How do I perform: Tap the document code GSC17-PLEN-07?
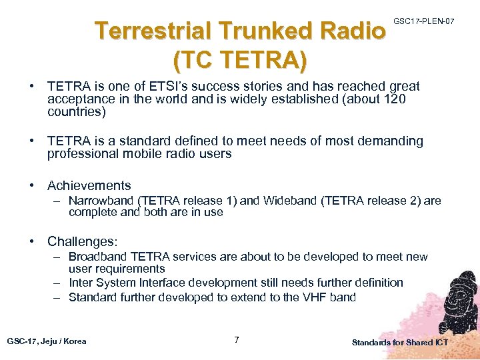(x=424, y=22)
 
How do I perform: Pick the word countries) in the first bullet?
(x=76, y=112)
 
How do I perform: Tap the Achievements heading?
(x=89, y=185)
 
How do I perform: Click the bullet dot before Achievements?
(x=32, y=185)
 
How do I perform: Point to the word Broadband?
(x=99, y=257)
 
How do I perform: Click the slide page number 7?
(x=237, y=341)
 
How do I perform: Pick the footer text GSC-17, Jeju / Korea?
(x=47, y=341)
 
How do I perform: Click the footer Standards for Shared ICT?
(x=400, y=343)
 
